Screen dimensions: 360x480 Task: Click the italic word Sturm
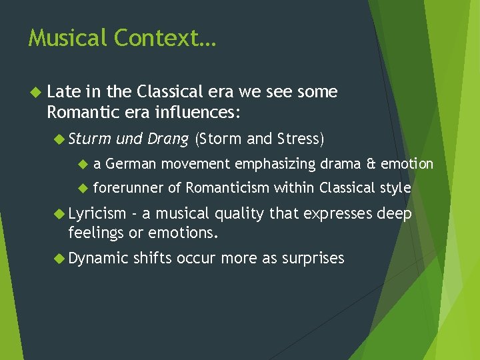(89, 139)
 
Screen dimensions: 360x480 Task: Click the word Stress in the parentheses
(298, 139)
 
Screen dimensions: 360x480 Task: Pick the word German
(131, 164)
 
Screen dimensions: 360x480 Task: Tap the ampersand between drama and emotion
(371, 164)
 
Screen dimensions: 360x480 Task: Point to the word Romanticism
(227, 188)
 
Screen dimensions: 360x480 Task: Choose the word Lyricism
(97, 213)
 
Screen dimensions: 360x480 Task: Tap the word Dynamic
(97, 258)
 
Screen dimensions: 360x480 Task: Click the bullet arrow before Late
(36, 92)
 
